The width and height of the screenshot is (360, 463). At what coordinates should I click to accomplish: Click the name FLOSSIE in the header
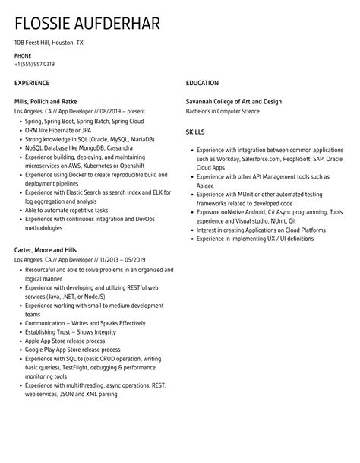click(x=40, y=24)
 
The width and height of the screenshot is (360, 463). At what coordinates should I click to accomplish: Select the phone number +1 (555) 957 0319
click(x=34, y=64)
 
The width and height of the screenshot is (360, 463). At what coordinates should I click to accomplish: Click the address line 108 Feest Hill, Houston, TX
click(x=49, y=43)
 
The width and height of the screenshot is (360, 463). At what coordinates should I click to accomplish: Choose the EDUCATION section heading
click(x=202, y=83)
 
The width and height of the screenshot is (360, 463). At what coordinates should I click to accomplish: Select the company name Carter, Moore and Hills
click(x=46, y=250)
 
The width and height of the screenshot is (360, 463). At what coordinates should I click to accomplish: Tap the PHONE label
click(x=23, y=56)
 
